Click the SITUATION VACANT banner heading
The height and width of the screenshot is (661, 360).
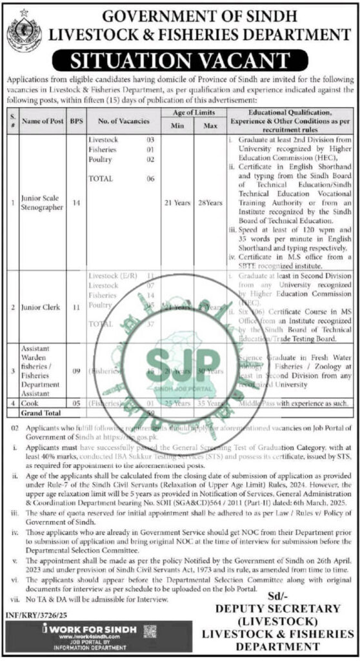click(x=179, y=62)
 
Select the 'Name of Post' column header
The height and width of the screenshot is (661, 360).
click(x=40, y=121)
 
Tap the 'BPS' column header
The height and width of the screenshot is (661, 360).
click(x=76, y=121)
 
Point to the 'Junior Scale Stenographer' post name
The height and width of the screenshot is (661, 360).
click(x=41, y=203)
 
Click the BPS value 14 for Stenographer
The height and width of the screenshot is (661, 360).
click(x=76, y=203)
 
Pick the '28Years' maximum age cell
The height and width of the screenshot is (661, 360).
click(x=210, y=203)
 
